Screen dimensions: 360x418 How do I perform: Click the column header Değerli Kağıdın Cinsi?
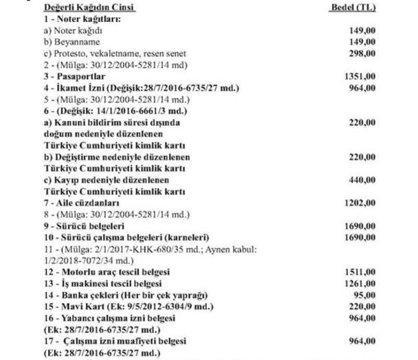tap(89, 8)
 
